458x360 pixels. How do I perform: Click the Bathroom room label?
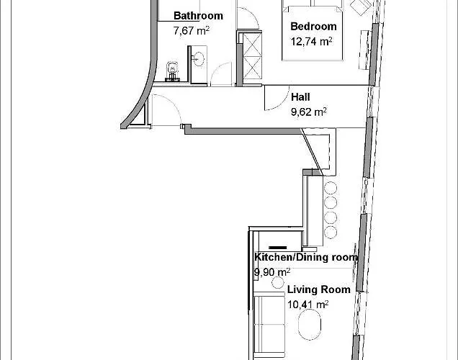pyautogui.click(x=198, y=15)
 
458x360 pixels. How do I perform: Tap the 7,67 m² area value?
pyautogui.click(x=192, y=30)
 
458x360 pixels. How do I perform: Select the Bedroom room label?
pyautogui.click(x=313, y=26)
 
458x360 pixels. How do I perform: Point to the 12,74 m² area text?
pyautogui.click(x=311, y=42)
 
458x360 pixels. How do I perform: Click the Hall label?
pyautogui.click(x=300, y=97)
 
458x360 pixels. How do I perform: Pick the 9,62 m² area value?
pyautogui.click(x=309, y=112)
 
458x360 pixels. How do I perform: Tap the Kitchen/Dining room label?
pyautogui.click(x=306, y=257)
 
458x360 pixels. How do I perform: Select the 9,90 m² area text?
pyautogui.click(x=272, y=272)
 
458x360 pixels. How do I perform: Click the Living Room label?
pyautogui.click(x=319, y=289)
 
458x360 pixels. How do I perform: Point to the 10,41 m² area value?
pyautogui.click(x=308, y=305)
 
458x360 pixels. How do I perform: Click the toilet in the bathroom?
pyautogui.click(x=172, y=71)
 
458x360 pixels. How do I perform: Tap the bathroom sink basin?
pyautogui.click(x=199, y=59)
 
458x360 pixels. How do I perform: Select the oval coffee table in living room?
pyautogui.click(x=310, y=325)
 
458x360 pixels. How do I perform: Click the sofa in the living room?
pyautogui.click(x=269, y=326)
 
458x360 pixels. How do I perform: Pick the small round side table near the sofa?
pyautogui.click(x=278, y=283)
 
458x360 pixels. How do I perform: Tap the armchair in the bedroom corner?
pyautogui.click(x=361, y=6)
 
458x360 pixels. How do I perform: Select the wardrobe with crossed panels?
pyautogui.click(x=252, y=55)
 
